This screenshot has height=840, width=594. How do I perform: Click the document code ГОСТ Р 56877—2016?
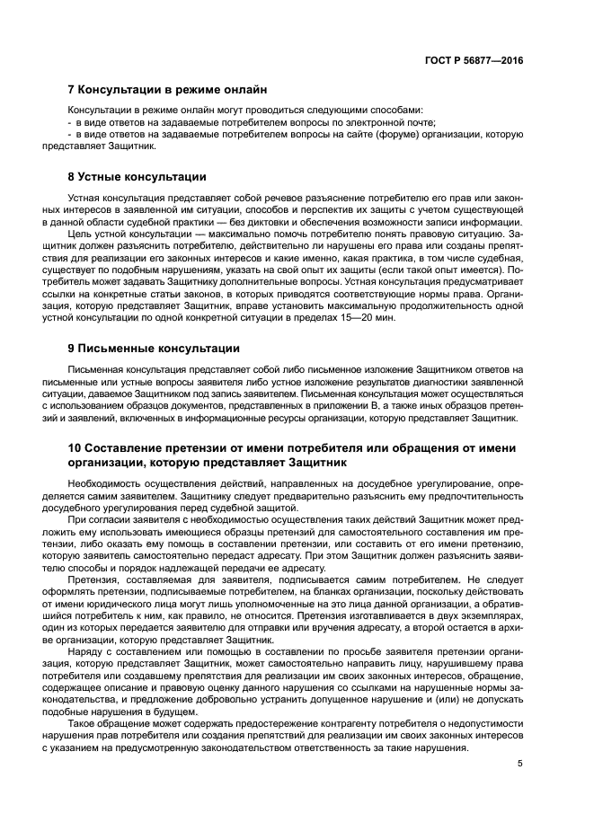pyautogui.click(x=474, y=60)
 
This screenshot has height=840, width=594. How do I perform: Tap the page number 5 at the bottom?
pyautogui.click(x=519, y=764)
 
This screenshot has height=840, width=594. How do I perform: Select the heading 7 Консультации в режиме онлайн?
pyautogui.click(x=167, y=90)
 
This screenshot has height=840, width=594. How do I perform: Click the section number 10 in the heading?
pyautogui.click(x=75, y=447)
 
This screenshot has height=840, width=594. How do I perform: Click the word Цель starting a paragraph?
pyautogui.click(x=81, y=234)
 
